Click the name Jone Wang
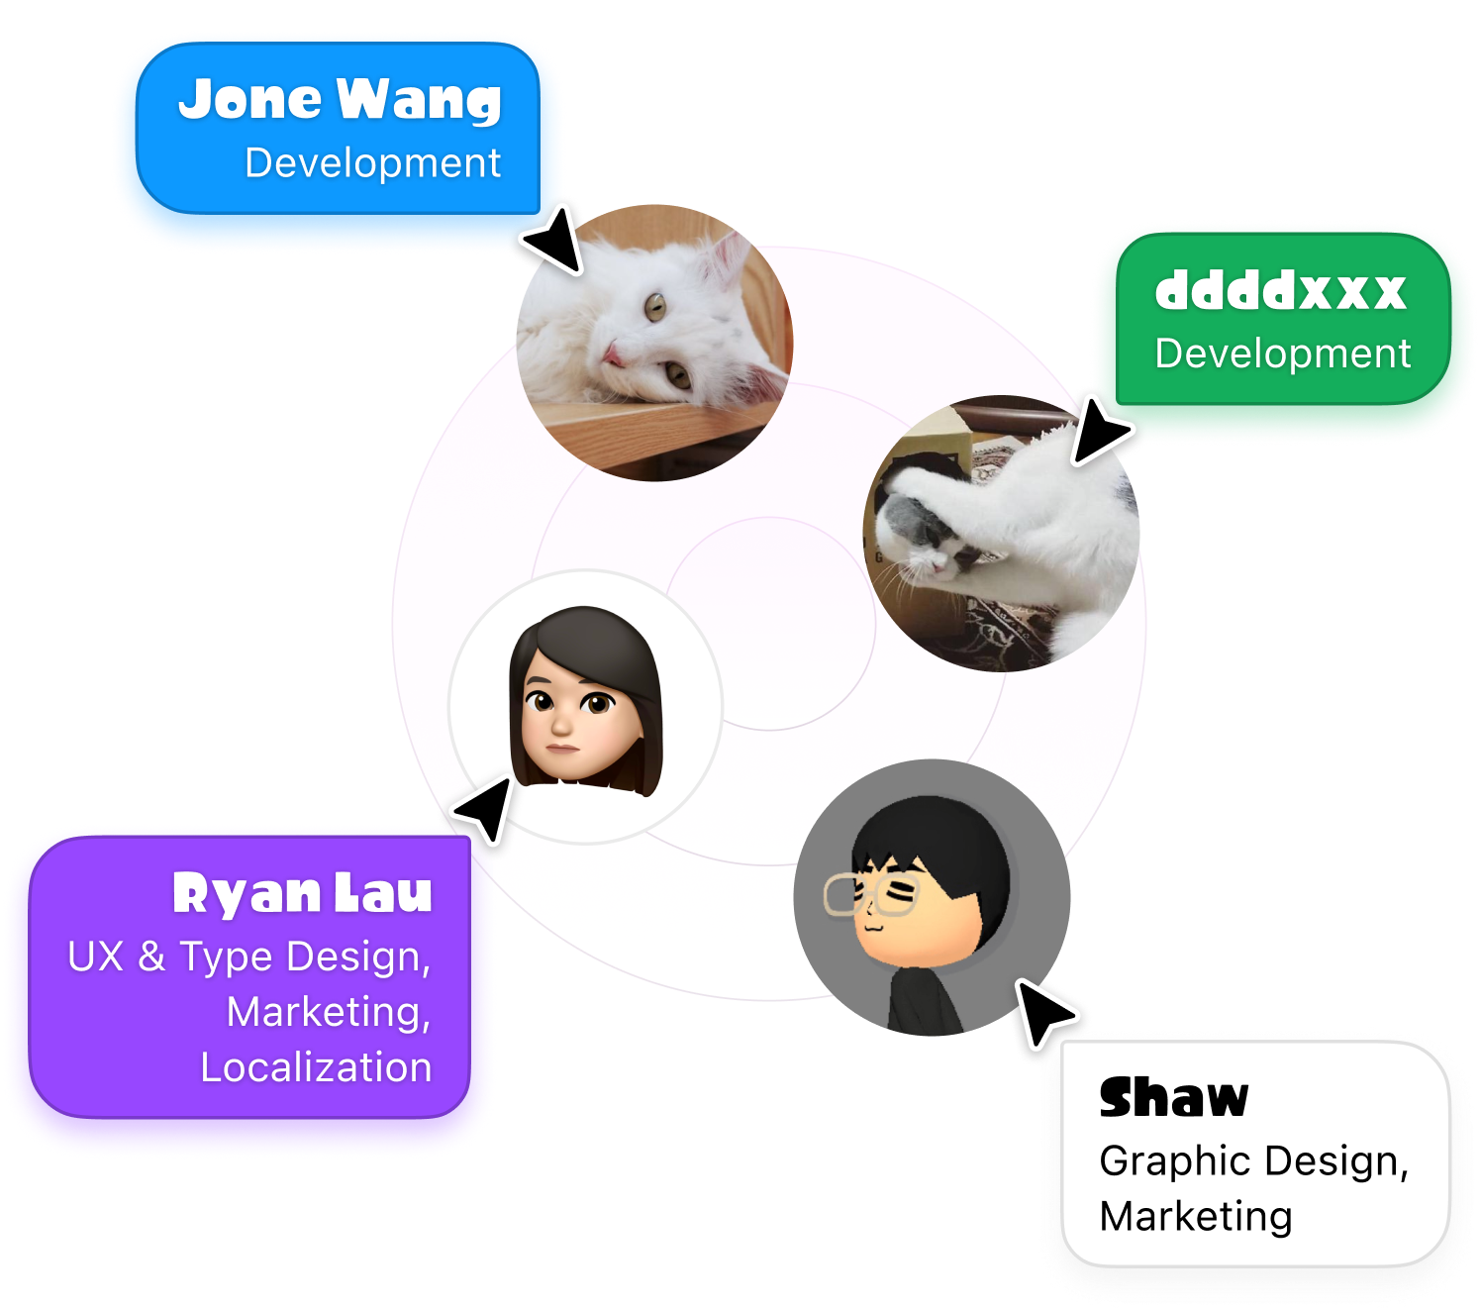coord(340,100)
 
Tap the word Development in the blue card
coord(372,163)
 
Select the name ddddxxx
coord(1280,291)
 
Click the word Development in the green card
coord(1282,354)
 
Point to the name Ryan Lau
coord(302,893)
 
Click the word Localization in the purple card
coord(316,1067)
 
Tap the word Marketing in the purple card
coord(328,1012)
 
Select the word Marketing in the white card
coord(1195,1216)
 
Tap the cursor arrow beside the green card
coord(1099,429)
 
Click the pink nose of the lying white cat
coord(613,353)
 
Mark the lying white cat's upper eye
coord(654,306)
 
